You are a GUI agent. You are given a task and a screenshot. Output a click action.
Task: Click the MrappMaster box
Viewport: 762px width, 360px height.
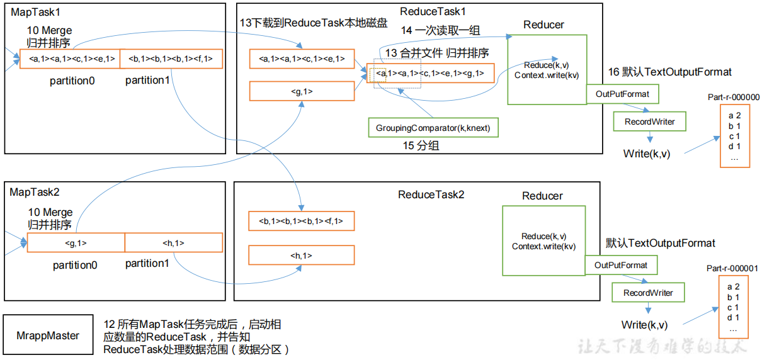click(48, 335)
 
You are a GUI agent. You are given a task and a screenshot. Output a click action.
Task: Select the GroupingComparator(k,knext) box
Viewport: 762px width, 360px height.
click(433, 128)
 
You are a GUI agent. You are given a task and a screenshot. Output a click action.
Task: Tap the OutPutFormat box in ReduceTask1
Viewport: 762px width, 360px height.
click(622, 94)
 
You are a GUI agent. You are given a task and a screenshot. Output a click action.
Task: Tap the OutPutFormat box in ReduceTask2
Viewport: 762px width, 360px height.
click(621, 265)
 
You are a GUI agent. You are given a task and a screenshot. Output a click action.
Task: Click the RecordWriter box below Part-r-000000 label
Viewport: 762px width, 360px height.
click(649, 121)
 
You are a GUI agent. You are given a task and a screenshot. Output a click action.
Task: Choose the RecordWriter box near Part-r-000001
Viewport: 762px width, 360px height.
click(648, 293)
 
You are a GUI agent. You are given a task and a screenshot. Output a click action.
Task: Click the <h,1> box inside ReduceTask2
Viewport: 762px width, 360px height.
click(301, 256)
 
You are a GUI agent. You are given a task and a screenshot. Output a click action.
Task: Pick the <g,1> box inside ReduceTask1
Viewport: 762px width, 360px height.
click(302, 91)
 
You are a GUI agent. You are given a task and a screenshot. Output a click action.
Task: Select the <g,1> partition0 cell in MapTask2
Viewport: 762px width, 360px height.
click(76, 243)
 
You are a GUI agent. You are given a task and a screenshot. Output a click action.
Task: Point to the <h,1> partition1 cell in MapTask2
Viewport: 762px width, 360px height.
click(173, 243)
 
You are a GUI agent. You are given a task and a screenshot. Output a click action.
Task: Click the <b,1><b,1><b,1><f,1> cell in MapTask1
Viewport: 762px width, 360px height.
click(170, 59)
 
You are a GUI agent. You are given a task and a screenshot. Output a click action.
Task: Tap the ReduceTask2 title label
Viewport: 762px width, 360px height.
click(431, 194)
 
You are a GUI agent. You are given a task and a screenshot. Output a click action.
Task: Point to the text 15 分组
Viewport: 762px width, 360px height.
click(421, 145)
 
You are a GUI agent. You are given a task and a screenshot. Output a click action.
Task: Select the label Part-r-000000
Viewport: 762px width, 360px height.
click(733, 98)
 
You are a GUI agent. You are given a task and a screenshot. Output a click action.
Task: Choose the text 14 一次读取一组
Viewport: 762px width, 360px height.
click(441, 30)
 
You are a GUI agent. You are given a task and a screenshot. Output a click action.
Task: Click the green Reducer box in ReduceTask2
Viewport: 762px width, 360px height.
click(543, 240)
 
